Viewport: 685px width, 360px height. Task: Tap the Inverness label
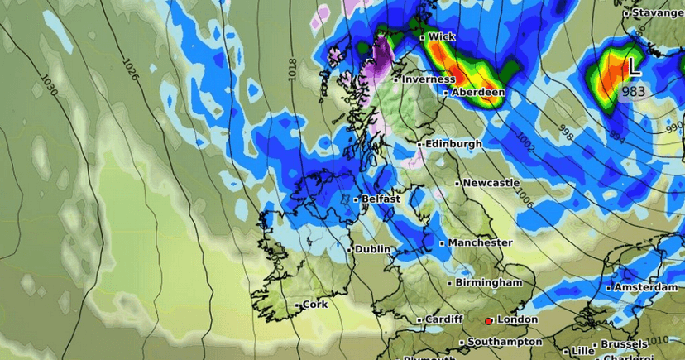[428, 79]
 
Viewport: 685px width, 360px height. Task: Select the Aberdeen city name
[478, 93]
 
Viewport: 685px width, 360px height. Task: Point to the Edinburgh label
[454, 144]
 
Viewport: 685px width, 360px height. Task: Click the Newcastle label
[491, 182]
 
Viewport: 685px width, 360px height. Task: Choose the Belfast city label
[381, 199]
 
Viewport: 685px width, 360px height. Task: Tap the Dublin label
[373, 249]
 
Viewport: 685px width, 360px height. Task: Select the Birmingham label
[490, 282]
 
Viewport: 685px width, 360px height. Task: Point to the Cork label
[315, 305]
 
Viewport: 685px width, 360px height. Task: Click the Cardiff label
[443, 319]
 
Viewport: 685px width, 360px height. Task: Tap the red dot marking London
[489, 320]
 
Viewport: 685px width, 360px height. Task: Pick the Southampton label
[504, 342]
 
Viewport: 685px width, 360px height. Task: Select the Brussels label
[625, 343]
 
